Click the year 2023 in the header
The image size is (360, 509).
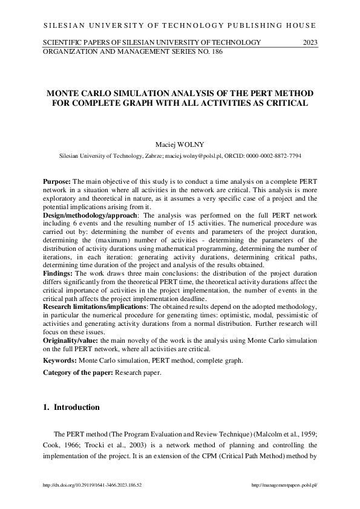310,42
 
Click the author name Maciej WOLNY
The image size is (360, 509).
180,144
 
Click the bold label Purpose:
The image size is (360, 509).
57,181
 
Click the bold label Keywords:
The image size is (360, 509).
60,360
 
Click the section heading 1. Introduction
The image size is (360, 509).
71,407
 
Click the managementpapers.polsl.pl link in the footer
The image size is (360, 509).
284,485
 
